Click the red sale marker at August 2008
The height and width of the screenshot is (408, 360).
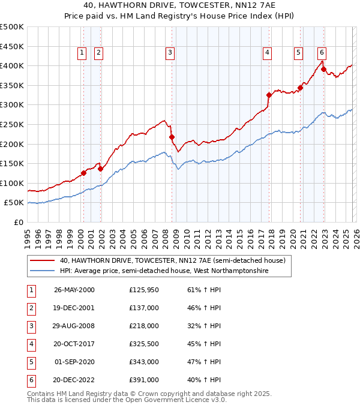(x=172, y=137)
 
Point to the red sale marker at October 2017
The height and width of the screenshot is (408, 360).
(x=269, y=95)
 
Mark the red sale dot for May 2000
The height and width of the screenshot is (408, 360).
(x=84, y=173)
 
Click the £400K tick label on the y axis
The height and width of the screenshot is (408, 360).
(x=12, y=66)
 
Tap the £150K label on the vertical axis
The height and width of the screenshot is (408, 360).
(x=12, y=163)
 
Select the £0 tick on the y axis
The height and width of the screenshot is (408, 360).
(x=19, y=222)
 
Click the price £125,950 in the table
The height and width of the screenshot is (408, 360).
(x=143, y=289)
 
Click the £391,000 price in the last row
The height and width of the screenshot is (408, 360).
(x=143, y=380)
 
